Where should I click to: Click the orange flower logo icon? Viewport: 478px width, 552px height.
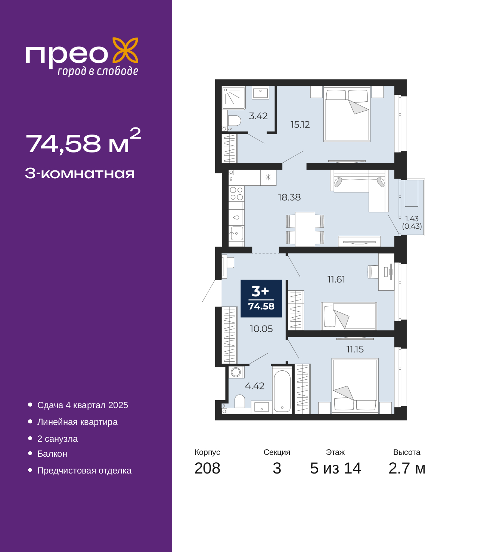125,50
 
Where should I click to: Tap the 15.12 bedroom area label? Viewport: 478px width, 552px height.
300,125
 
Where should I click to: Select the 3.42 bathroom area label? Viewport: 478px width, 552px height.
258,116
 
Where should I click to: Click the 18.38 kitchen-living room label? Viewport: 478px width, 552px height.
289,197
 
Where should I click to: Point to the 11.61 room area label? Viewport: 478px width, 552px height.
336,279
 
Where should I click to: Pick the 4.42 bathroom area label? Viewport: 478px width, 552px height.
255,386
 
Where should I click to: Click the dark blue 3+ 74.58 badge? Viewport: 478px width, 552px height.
261,299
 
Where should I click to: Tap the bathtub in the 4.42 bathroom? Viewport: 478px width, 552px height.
282,391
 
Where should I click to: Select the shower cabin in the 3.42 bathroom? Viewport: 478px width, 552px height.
233,98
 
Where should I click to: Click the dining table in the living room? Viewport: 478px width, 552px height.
305,229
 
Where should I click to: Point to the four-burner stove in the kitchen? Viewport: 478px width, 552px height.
236,194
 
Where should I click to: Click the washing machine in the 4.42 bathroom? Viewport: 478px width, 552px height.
236,372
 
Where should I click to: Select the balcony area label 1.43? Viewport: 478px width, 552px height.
412,219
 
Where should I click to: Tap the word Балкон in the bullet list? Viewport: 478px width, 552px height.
52,454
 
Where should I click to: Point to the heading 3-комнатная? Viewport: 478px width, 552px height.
80,174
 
